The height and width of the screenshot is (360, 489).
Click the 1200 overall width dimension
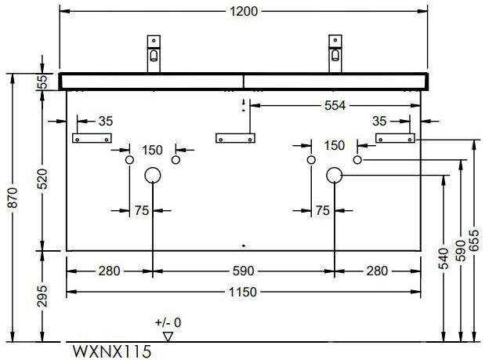[244, 12]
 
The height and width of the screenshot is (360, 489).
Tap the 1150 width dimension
[244, 292]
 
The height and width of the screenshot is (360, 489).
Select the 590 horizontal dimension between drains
[244, 271]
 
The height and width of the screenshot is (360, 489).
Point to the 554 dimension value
[334, 104]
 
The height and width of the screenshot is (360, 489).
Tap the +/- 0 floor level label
[167, 322]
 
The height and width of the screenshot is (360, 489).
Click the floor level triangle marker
[167, 335]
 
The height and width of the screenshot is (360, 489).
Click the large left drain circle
[153, 176]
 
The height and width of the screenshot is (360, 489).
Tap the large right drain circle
[335, 176]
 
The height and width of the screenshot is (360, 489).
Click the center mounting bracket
[236, 138]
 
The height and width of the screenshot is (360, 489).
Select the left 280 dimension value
[109, 271]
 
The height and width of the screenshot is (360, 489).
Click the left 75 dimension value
[141, 209]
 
